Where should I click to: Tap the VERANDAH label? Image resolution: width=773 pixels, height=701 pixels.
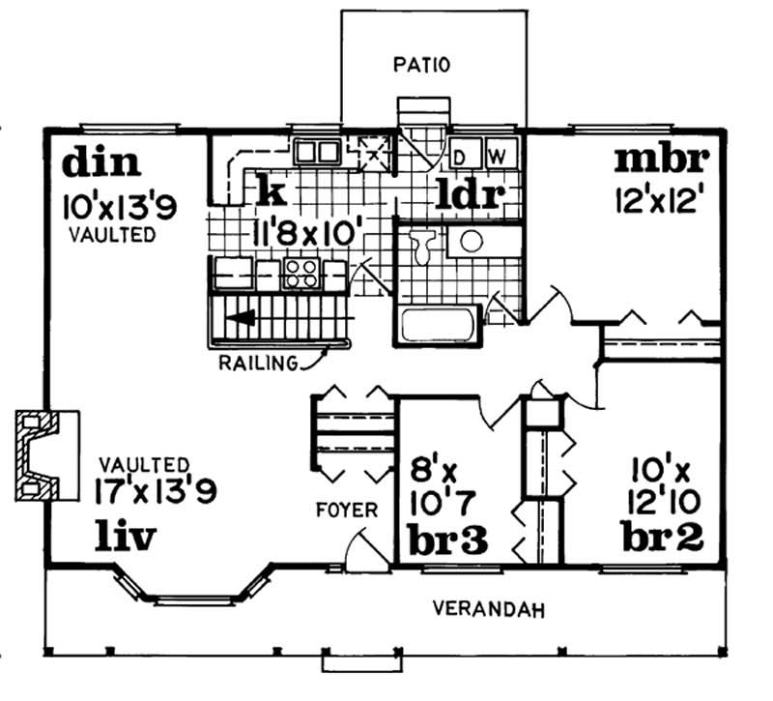488,609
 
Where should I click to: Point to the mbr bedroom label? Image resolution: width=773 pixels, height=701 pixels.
664,157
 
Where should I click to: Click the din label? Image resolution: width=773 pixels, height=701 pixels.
101,162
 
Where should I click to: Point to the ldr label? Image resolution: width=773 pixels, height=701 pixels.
471,194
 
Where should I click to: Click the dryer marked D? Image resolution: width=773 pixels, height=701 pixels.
462,155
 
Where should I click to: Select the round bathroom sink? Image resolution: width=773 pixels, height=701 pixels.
471,241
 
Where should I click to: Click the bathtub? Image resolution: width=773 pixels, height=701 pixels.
441,323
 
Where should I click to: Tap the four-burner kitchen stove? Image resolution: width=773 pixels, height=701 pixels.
301,274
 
